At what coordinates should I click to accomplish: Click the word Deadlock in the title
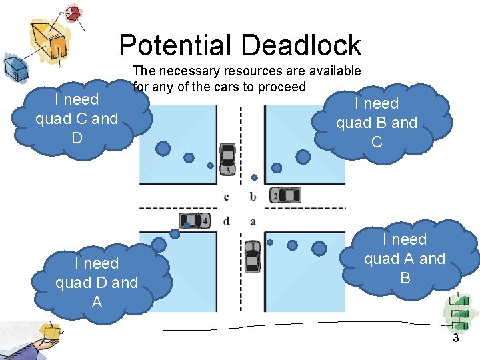click(301, 45)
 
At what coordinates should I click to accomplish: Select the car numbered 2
click(285, 195)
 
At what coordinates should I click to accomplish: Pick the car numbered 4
click(195, 220)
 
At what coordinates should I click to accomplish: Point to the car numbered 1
click(251, 255)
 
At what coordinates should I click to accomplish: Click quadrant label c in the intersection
click(227, 197)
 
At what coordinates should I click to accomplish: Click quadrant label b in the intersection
click(253, 197)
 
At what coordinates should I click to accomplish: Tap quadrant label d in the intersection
click(227, 220)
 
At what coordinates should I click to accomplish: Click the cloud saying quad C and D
click(77, 119)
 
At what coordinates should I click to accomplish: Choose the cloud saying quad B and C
click(377, 123)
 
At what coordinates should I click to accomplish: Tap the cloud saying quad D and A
click(97, 283)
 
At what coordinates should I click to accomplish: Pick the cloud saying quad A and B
click(405, 259)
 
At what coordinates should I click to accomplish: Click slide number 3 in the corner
click(456, 338)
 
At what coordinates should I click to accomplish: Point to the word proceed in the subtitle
click(281, 87)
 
